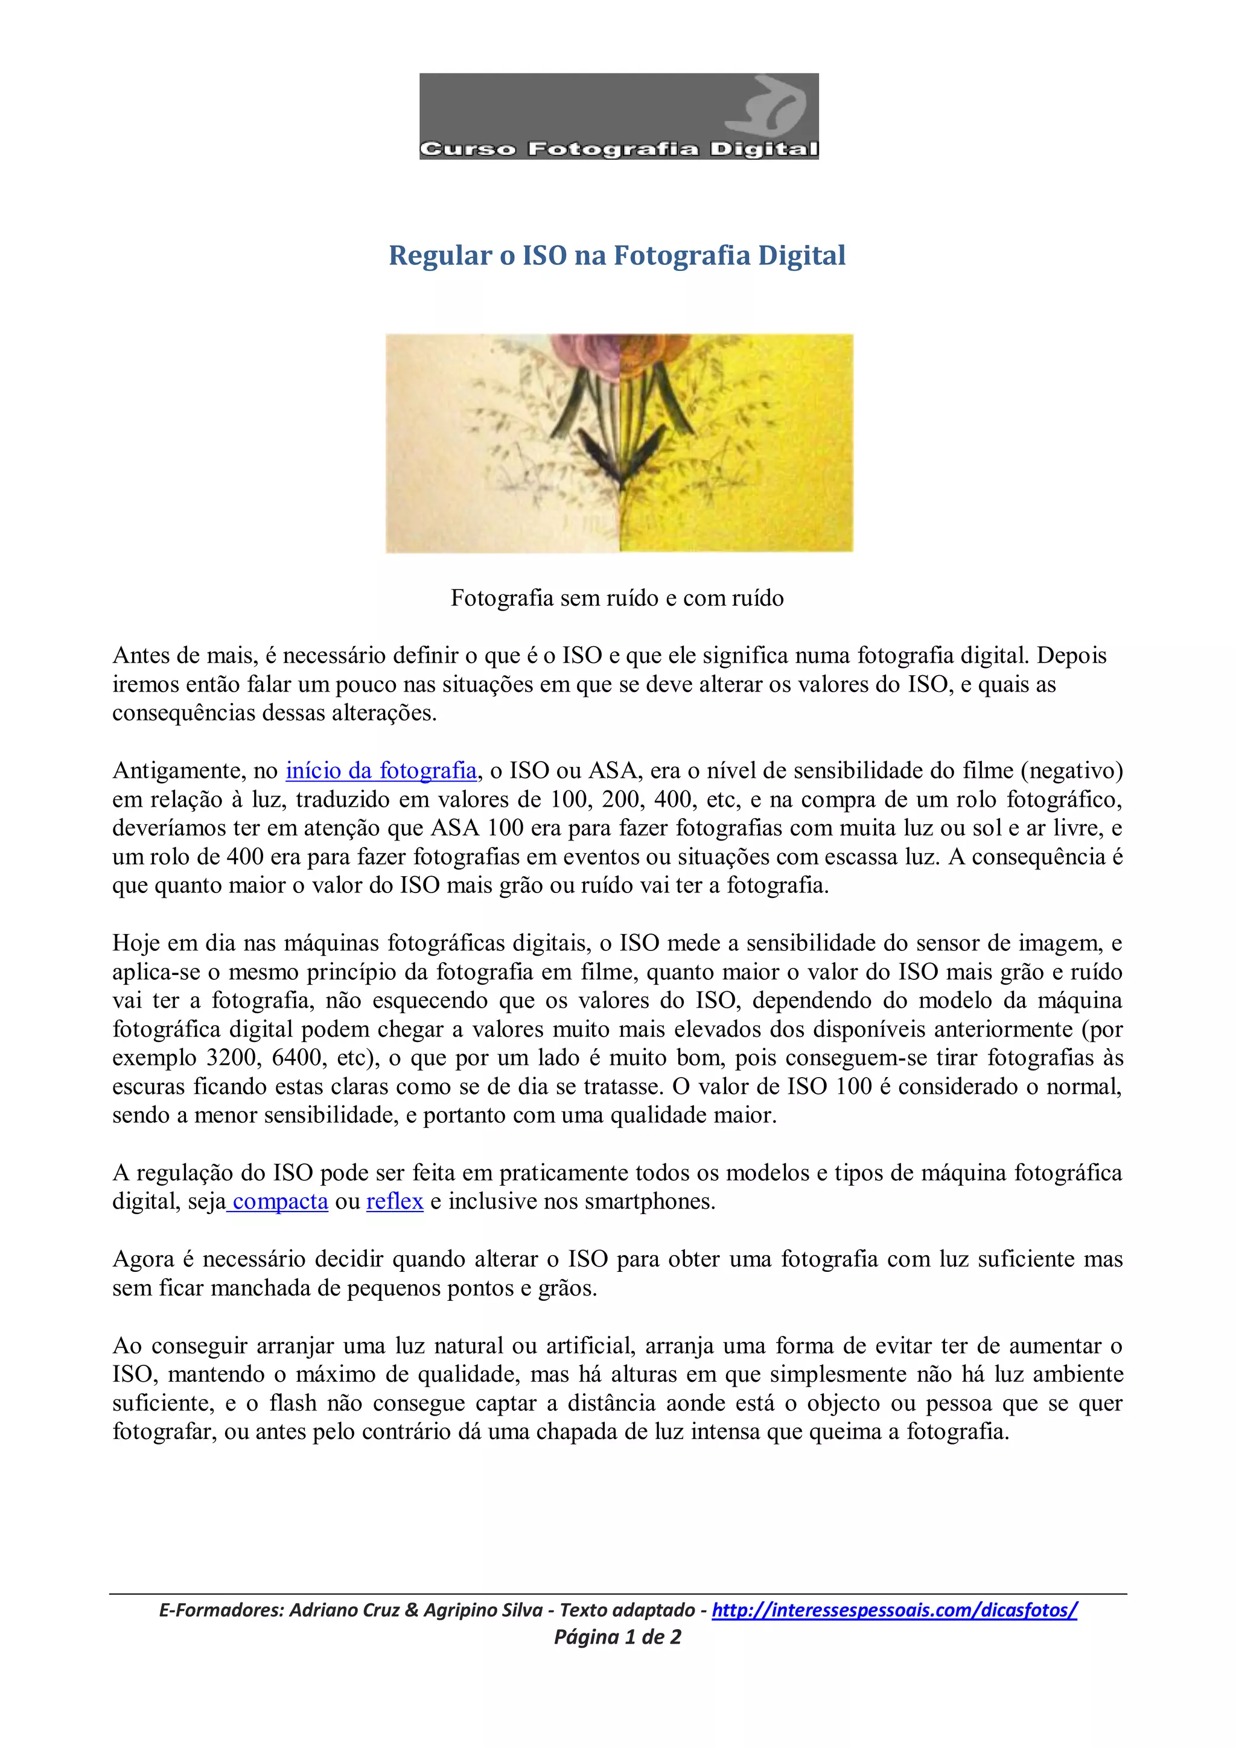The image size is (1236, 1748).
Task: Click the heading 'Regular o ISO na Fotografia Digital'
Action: [x=617, y=255]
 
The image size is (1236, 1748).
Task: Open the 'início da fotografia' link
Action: [x=381, y=771]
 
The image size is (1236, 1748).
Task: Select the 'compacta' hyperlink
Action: [x=279, y=1201]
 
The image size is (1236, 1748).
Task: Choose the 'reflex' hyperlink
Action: [x=395, y=1201]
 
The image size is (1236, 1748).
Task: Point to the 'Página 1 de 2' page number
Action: [x=617, y=1637]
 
